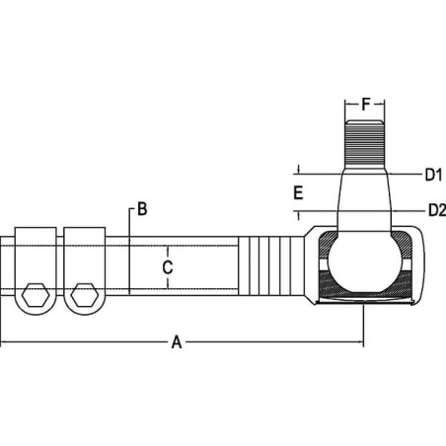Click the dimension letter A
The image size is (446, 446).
pyautogui.click(x=177, y=342)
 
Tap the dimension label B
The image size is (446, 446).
pyautogui.click(x=142, y=209)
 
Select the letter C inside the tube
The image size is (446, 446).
pyautogui.click(x=168, y=267)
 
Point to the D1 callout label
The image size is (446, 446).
pyautogui.click(x=433, y=175)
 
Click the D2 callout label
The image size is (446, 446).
pyautogui.click(x=437, y=210)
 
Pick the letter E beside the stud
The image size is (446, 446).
pyautogui.click(x=298, y=192)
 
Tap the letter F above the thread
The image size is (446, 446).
pyautogui.click(x=366, y=105)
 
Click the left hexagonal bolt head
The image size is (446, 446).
pyautogui.click(x=36, y=294)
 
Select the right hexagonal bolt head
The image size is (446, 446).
pyautogui.click(x=85, y=294)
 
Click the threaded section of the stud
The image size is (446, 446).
pyautogui.click(x=364, y=144)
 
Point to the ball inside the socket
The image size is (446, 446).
pyautogui.click(x=364, y=261)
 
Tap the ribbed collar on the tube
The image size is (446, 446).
pyautogui.click(x=271, y=265)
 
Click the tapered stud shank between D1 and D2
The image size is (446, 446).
pyautogui.click(x=364, y=192)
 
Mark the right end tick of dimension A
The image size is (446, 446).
pyautogui.click(x=363, y=342)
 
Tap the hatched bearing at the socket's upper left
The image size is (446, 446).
pyautogui.click(x=328, y=243)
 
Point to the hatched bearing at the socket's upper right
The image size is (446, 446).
pyautogui.click(x=402, y=243)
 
